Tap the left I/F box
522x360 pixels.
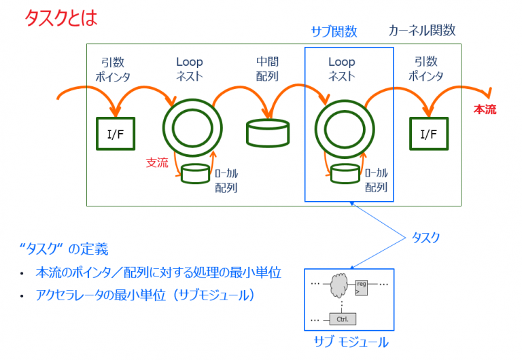coord(116,134)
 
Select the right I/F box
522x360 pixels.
coord(428,134)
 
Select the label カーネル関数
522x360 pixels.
coord(421,31)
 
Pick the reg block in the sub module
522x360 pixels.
coord(361,287)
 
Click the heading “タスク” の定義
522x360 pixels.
coord(65,249)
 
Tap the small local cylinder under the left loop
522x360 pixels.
coord(195,175)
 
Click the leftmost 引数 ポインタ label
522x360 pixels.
coord(113,69)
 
